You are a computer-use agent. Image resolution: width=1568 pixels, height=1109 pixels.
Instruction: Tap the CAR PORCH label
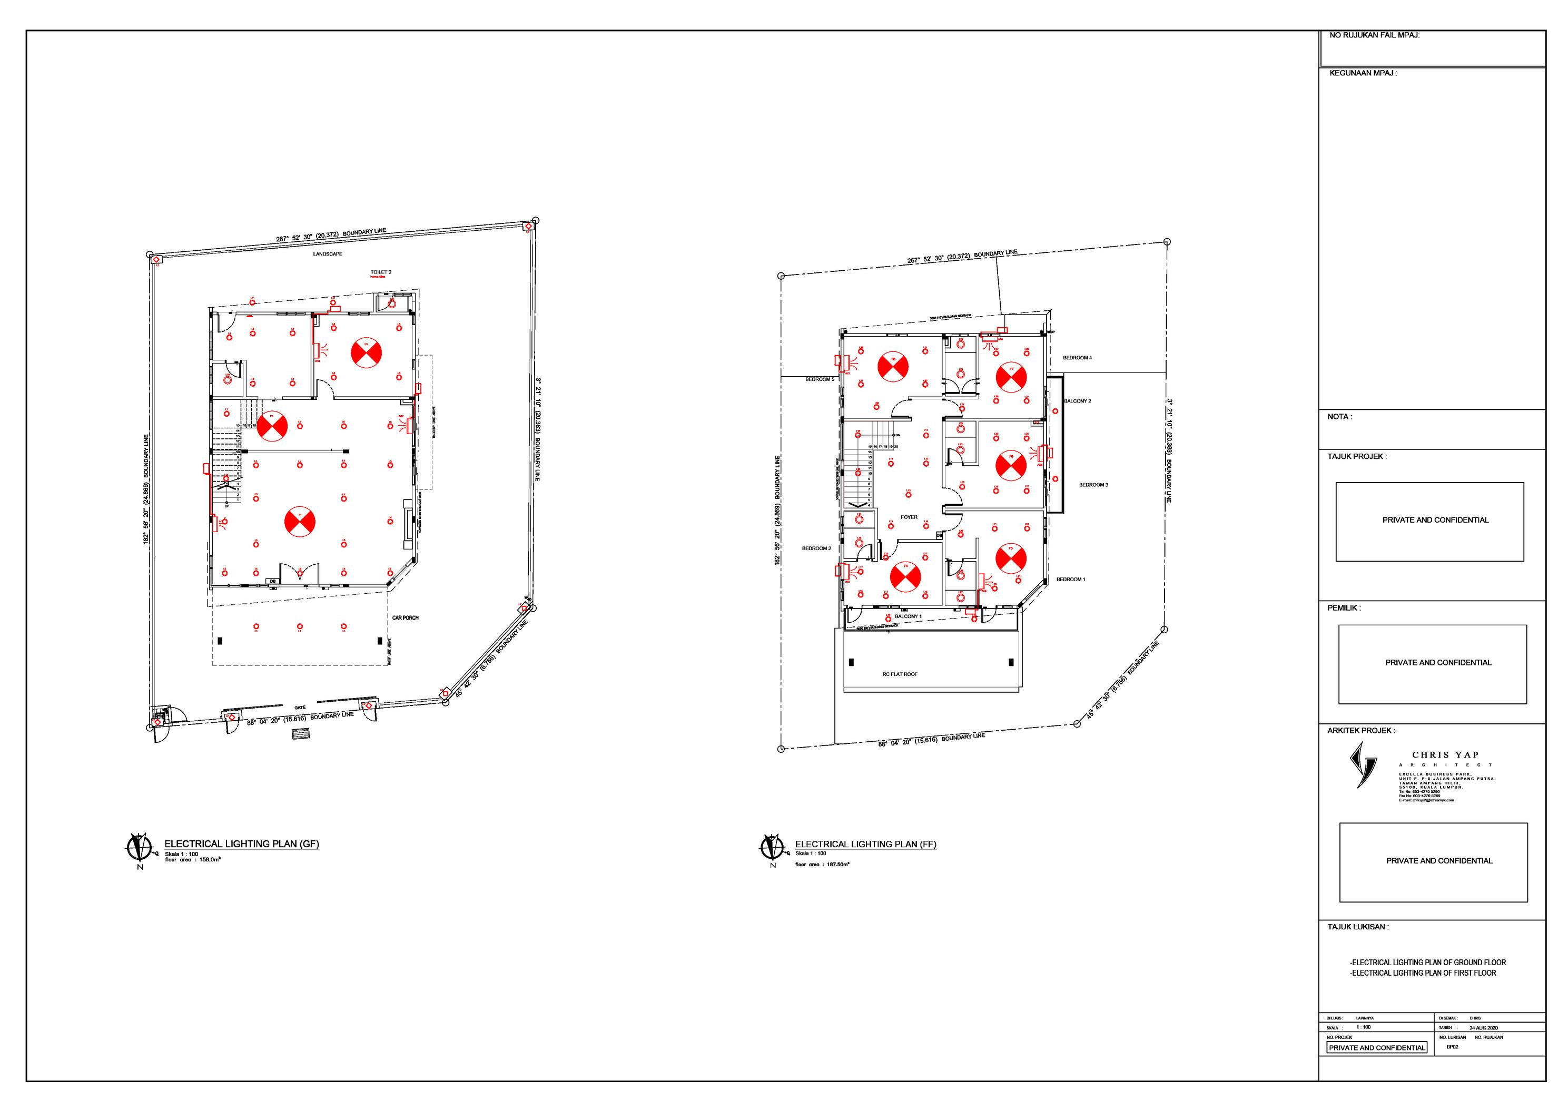[x=405, y=617]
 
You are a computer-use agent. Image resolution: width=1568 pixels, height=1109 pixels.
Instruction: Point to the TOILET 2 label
[x=380, y=272]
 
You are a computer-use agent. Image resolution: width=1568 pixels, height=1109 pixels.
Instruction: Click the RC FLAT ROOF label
[x=900, y=674]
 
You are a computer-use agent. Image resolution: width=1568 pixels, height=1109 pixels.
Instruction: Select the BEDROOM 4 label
[x=1077, y=358]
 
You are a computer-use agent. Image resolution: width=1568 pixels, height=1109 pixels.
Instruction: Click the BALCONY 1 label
[x=908, y=616]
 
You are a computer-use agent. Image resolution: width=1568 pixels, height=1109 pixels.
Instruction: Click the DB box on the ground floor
[x=272, y=582]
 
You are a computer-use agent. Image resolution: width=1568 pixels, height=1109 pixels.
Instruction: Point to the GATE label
[x=300, y=707]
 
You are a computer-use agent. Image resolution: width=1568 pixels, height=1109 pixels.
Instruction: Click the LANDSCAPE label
[x=328, y=254]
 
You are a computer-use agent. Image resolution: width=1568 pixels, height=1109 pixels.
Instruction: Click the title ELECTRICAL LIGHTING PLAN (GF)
[x=241, y=844]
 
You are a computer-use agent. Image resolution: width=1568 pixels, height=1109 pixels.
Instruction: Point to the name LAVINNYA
[x=1365, y=1018]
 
